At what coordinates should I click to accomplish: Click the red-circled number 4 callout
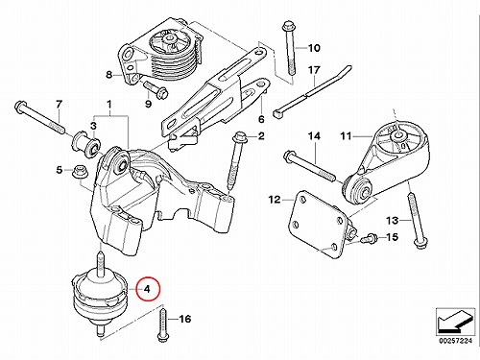[148, 289]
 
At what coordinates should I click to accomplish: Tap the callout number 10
[314, 48]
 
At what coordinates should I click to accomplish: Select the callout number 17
[314, 70]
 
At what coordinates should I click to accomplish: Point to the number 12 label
[275, 200]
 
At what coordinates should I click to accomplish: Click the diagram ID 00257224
[455, 341]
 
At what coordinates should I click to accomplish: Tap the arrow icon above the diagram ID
[455, 322]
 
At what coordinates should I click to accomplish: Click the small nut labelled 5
[78, 172]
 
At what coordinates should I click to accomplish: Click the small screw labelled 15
[367, 238]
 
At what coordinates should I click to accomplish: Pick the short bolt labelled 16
[163, 324]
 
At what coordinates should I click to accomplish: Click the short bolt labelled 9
[156, 89]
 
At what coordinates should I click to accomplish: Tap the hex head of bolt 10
[286, 26]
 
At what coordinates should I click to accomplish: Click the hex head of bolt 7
[20, 107]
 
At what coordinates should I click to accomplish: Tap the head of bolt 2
[239, 137]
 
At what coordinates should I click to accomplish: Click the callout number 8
[109, 75]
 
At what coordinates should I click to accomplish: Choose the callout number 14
[314, 136]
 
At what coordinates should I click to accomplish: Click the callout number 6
[261, 119]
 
